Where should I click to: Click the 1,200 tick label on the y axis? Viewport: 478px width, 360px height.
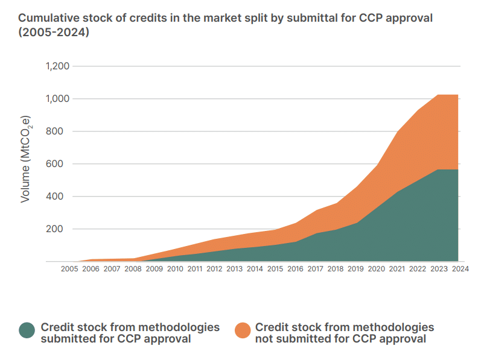pos(58,66)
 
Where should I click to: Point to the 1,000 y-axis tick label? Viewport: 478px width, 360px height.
pos(58,98)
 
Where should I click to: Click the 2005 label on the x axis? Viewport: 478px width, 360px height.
pos(69,268)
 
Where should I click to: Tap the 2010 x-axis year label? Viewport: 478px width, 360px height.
pos(175,268)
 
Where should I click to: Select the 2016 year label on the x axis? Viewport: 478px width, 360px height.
pos(295,268)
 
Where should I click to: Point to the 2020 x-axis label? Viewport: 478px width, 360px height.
pos(376,268)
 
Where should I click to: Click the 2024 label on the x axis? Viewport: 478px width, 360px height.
pos(460,268)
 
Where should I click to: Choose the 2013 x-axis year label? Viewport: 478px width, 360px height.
pos(235,268)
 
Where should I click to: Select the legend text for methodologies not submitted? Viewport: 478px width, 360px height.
pos(344,332)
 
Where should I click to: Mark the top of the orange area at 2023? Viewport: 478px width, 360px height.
pos(438,95)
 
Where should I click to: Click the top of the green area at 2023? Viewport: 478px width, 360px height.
pos(438,170)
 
